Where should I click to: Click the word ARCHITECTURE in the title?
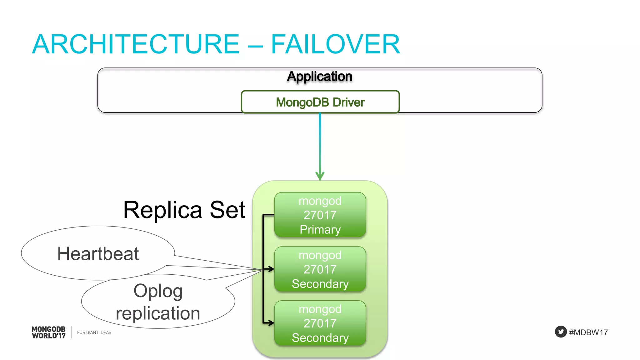click(136, 44)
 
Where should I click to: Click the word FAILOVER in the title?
click(335, 44)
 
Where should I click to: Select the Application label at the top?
click(320, 77)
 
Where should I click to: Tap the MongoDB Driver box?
click(320, 102)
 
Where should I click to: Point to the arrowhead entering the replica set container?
click(320, 176)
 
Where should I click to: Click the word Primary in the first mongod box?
click(320, 230)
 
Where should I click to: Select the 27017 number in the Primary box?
click(320, 215)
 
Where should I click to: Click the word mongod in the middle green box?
click(320, 255)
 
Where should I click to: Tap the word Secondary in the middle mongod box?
click(320, 284)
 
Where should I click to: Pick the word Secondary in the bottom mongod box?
click(320, 338)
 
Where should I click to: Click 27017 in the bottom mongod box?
click(320, 323)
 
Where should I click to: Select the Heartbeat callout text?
click(98, 253)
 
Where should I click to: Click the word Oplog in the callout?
click(158, 291)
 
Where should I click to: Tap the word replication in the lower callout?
click(158, 313)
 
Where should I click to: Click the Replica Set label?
click(184, 210)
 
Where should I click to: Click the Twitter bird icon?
click(561, 332)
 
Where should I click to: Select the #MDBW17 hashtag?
click(588, 332)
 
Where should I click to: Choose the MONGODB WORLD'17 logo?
click(49, 332)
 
